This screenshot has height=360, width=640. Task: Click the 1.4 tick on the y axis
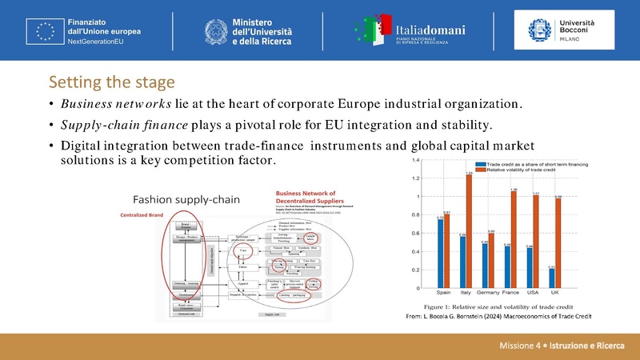pyautogui.click(x=414, y=160)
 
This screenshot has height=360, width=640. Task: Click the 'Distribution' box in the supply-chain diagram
pyautogui.click(x=186, y=294)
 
